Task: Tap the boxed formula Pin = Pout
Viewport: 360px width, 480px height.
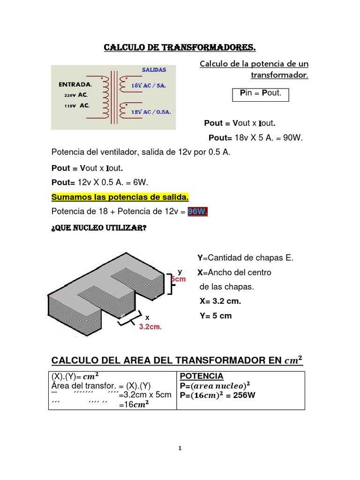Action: click(x=260, y=93)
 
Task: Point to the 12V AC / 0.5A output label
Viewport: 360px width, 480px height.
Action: click(x=150, y=112)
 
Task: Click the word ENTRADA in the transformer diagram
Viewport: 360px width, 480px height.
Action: click(x=75, y=85)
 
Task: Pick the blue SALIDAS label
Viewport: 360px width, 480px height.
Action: click(x=154, y=69)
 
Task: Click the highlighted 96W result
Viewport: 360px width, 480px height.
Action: click(x=197, y=212)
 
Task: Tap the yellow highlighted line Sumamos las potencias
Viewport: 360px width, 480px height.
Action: click(x=120, y=197)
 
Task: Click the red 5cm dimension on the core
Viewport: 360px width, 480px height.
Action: click(x=179, y=279)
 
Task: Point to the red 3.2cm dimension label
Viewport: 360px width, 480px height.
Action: click(x=150, y=327)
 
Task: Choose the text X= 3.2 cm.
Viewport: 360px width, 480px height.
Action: click(x=220, y=301)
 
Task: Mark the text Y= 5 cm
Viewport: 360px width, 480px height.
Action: click(x=216, y=315)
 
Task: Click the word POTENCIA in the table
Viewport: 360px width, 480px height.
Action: click(x=202, y=376)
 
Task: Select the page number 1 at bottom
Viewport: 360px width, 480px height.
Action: click(x=180, y=448)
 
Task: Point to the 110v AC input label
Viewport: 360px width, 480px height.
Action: click(x=76, y=105)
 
